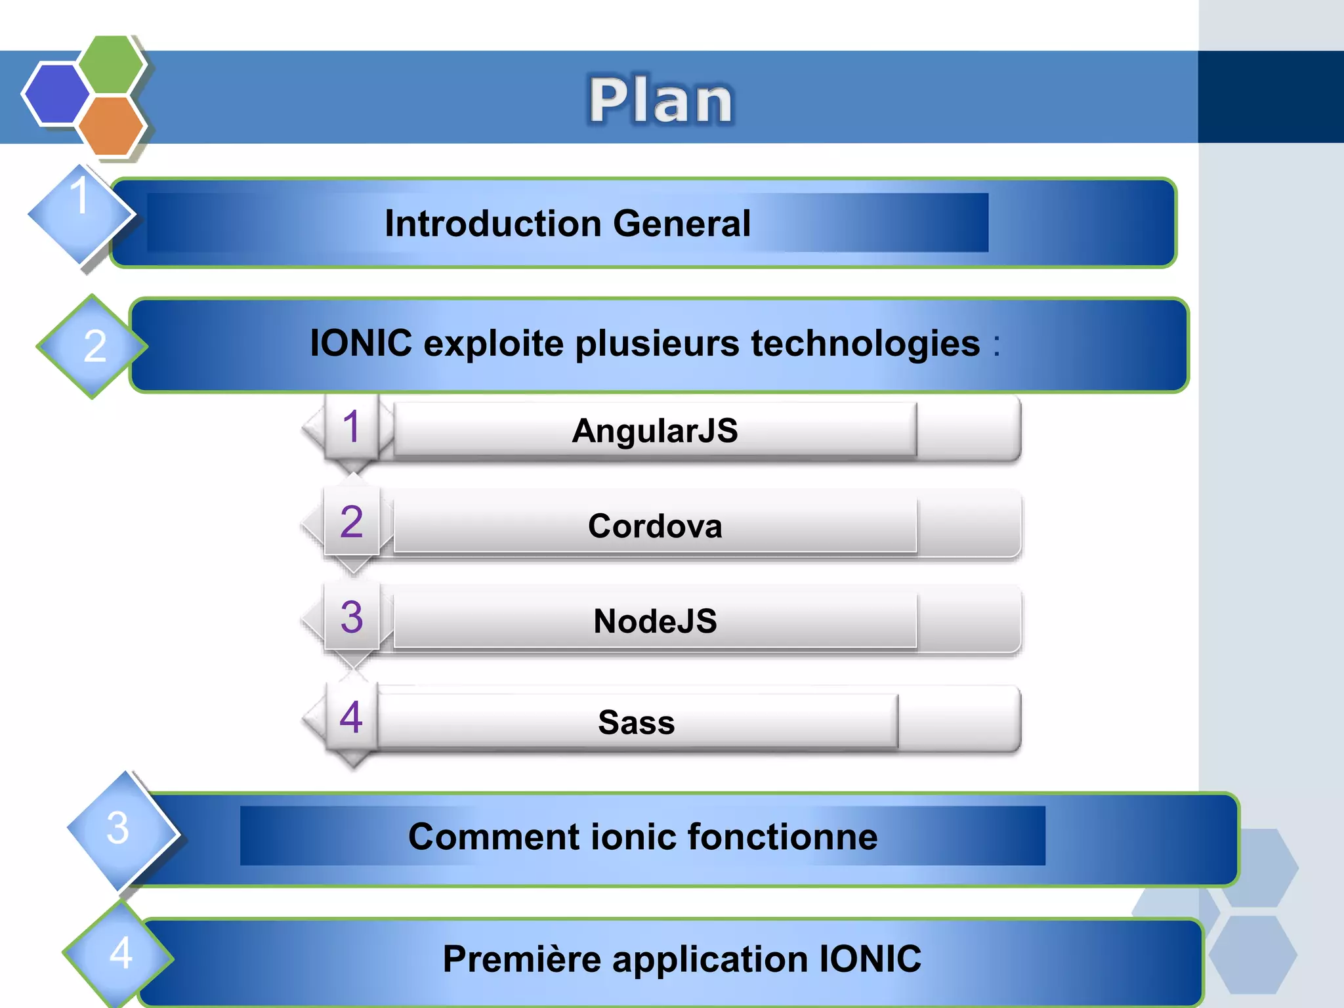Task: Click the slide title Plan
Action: click(660, 100)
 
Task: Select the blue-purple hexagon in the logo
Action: click(56, 94)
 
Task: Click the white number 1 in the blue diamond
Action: click(79, 196)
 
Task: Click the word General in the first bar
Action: click(682, 224)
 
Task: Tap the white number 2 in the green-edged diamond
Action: click(94, 346)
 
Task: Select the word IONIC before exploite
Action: click(361, 343)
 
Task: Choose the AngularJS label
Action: click(655, 431)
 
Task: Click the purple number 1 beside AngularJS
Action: click(351, 427)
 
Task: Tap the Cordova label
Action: click(655, 526)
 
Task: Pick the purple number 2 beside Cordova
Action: click(351, 522)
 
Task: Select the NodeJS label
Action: click(655, 621)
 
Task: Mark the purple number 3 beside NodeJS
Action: click(352, 618)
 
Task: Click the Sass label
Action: click(636, 723)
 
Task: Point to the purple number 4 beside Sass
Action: click(351, 717)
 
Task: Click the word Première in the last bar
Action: click(522, 959)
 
